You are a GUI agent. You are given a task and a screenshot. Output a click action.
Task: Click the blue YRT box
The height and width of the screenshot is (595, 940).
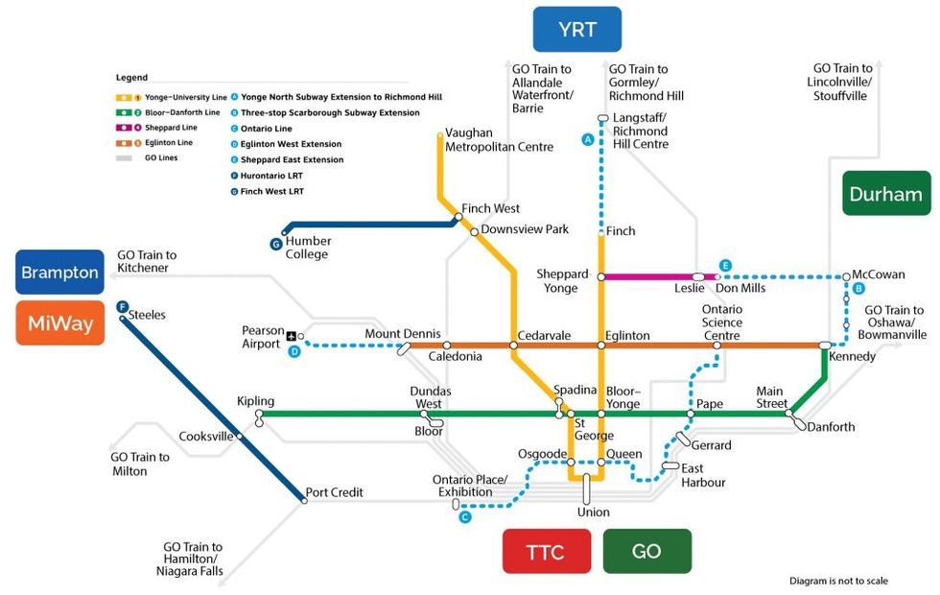pos(576,30)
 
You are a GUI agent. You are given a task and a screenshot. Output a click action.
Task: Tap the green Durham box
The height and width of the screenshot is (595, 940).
pos(886,194)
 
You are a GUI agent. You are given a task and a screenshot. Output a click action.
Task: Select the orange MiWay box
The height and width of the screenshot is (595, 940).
pos(59,323)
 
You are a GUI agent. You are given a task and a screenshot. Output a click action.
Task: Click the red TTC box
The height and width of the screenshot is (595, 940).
pos(546,551)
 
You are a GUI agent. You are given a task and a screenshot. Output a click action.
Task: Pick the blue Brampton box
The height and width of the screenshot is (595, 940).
pos(59,272)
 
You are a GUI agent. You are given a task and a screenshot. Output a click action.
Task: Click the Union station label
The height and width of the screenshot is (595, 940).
pos(594,512)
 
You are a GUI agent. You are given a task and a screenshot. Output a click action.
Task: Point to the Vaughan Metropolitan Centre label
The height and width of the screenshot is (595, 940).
pos(499,140)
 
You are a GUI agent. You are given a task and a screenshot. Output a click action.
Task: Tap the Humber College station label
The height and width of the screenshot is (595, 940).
pos(308,248)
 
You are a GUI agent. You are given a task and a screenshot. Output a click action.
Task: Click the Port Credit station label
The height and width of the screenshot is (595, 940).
pos(334,492)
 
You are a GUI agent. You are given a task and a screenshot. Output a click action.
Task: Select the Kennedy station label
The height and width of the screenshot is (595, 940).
pos(852,356)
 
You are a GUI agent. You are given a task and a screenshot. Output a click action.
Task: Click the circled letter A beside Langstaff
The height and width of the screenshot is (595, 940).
pos(587,139)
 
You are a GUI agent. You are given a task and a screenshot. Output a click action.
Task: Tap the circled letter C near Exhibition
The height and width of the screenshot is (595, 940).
pos(464,517)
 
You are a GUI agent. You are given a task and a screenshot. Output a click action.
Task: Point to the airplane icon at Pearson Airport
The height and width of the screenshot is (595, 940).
pos(292,337)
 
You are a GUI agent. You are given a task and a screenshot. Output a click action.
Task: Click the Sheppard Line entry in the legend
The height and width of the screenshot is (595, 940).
pos(156,128)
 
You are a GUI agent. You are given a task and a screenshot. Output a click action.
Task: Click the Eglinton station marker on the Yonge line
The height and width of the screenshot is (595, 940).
pos(601,345)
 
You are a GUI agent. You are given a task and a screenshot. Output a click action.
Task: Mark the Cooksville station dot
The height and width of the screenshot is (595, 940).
pos(239,436)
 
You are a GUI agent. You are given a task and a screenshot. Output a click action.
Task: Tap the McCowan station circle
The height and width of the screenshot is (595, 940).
pos(846,277)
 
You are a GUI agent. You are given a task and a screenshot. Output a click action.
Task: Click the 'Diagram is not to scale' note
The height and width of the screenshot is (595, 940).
pos(838,581)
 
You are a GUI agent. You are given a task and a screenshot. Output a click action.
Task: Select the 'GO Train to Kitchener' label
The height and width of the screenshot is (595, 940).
pos(147,261)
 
